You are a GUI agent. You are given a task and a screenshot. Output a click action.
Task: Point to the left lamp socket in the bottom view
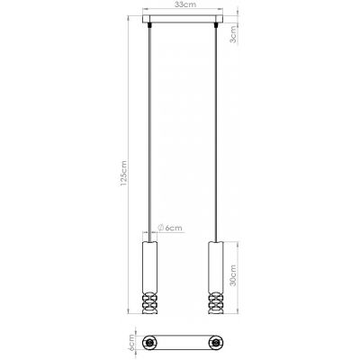[x=149, y=344]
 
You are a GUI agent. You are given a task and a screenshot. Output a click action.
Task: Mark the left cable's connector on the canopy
[x=149, y=26]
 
